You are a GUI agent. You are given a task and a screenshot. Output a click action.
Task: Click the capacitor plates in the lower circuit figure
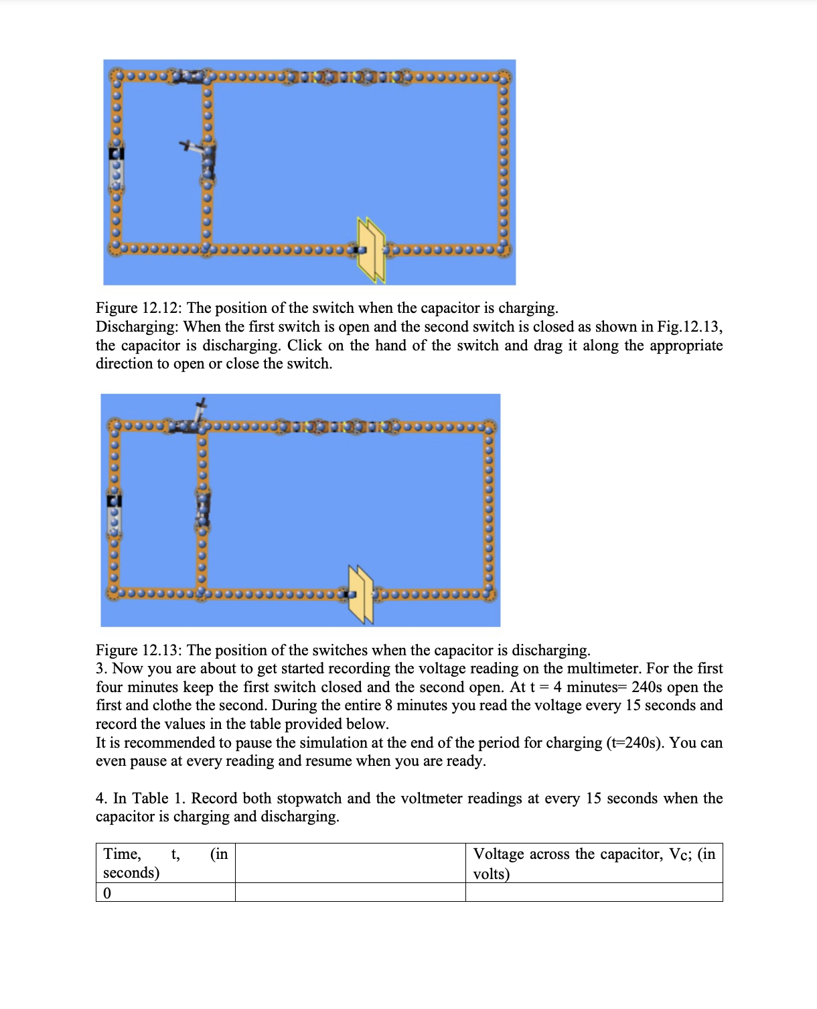tap(360, 594)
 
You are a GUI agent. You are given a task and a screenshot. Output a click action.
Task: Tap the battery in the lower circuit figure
tap(115, 515)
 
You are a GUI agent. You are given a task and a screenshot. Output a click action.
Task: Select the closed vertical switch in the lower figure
tap(204, 509)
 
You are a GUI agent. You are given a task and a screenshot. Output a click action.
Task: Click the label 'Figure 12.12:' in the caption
tap(139, 308)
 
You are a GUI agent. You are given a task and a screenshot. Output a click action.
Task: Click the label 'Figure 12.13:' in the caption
tap(139, 651)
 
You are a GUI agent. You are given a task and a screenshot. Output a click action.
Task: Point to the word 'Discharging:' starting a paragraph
tap(137, 327)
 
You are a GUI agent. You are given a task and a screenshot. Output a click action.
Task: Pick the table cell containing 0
tap(165, 893)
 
